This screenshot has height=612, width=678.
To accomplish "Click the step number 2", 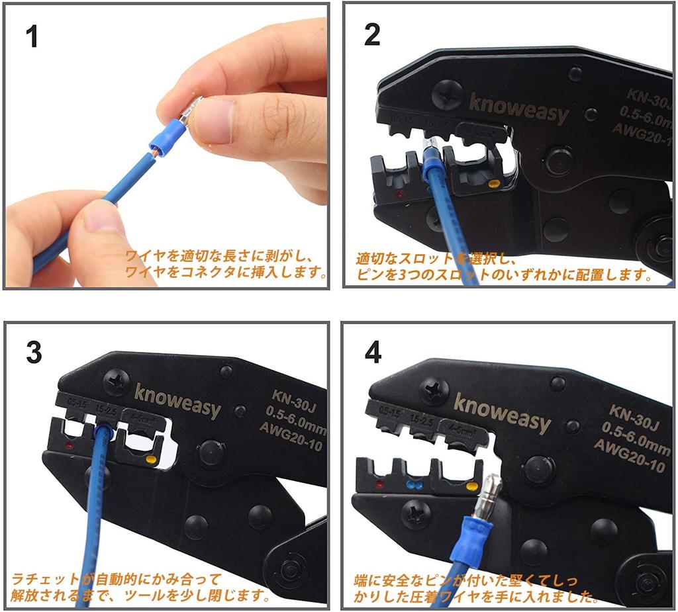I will coord(373,34).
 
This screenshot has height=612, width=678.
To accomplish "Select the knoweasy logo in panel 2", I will coord(518,108).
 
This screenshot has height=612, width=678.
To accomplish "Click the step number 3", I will coord(34,353).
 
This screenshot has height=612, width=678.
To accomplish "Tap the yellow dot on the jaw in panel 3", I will coord(150,459).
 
